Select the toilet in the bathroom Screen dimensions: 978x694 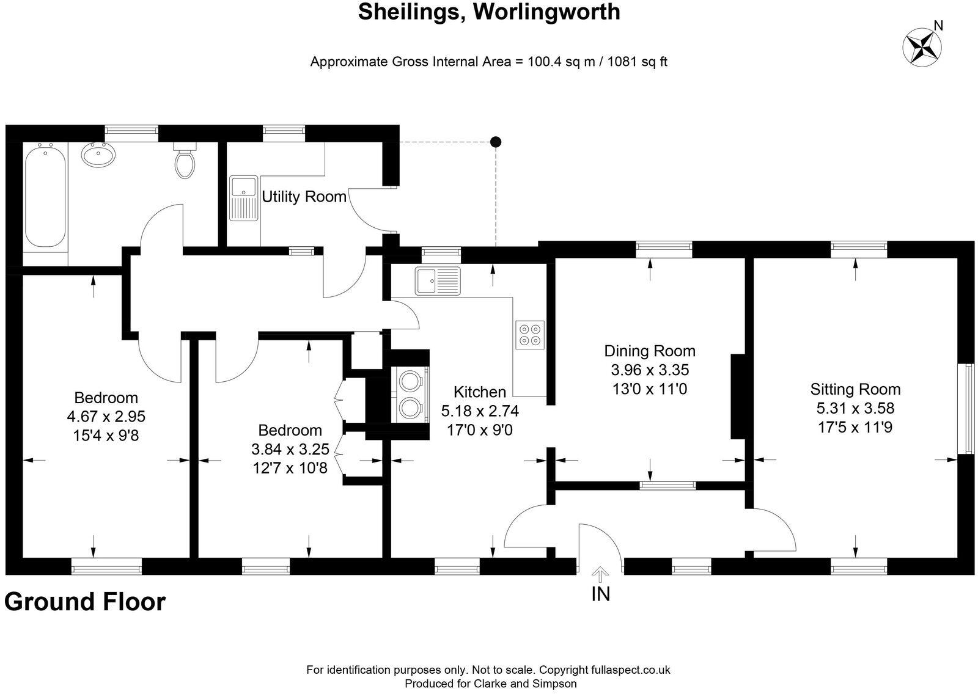pos(185,161)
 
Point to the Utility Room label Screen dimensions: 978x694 pos(304,197)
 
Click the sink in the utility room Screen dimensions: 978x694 pos(244,198)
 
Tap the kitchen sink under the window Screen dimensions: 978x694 pos(438,281)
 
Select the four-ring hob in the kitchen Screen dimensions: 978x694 pos(530,334)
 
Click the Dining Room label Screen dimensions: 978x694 pos(650,351)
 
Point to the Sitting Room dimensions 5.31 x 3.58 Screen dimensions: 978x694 pos(855,408)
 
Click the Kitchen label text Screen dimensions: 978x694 pos(480,392)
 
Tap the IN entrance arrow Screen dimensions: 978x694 pos(601,575)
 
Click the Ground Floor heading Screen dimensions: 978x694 pos(85,602)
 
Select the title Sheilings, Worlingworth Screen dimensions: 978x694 pos(489,12)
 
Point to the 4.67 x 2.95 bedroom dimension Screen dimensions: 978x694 pos(106,417)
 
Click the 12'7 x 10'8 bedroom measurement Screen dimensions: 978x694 pos(290,468)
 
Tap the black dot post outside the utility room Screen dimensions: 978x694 pos(496,142)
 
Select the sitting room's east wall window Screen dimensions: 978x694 pos(969,409)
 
